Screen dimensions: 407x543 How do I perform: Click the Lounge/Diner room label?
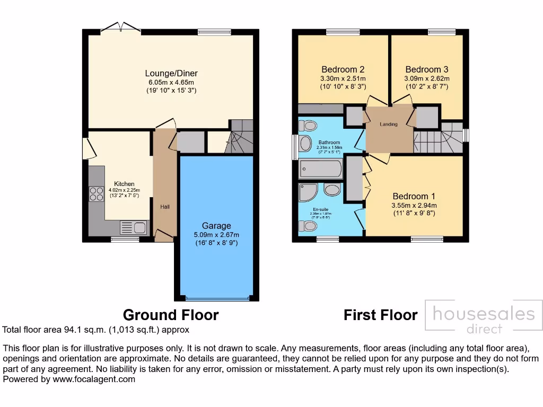[171, 73]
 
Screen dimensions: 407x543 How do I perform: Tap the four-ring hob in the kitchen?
[97, 194]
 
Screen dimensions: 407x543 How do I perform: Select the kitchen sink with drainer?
[134, 228]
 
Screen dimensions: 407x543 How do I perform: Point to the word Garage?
[216, 226]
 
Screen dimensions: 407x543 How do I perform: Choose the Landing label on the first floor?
[389, 125]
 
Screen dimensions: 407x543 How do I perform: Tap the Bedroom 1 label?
[414, 196]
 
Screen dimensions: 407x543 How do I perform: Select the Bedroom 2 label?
[343, 69]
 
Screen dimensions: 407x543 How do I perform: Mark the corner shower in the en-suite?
[308, 193]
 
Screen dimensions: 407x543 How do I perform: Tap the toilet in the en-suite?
[306, 226]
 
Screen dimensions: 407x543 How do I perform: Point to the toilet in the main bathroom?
[307, 126]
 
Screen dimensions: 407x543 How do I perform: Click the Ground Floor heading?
[171, 315]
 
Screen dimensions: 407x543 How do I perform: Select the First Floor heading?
[380, 315]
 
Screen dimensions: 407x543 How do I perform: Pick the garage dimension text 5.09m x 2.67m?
[216, 235]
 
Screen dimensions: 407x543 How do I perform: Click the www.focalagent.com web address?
[93, 379]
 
